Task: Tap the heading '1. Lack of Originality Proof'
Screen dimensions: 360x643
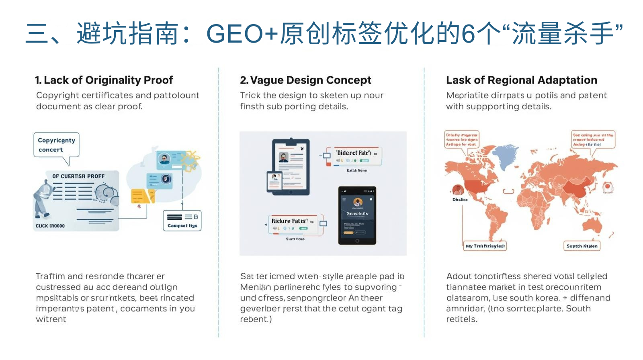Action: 104,80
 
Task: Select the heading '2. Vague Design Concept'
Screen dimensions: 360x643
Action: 305,80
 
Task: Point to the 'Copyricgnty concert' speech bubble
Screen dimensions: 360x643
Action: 56,145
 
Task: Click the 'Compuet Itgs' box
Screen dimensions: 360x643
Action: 182,221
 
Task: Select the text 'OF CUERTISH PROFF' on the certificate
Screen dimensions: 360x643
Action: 78,176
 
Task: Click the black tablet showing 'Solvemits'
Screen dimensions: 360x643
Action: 357,215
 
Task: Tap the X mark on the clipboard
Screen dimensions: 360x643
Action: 302,149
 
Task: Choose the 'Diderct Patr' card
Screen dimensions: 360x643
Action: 356,156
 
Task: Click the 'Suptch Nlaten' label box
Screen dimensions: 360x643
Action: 582,246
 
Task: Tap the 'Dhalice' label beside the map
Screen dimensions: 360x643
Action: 460,200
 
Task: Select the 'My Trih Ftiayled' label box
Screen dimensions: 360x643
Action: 485,246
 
